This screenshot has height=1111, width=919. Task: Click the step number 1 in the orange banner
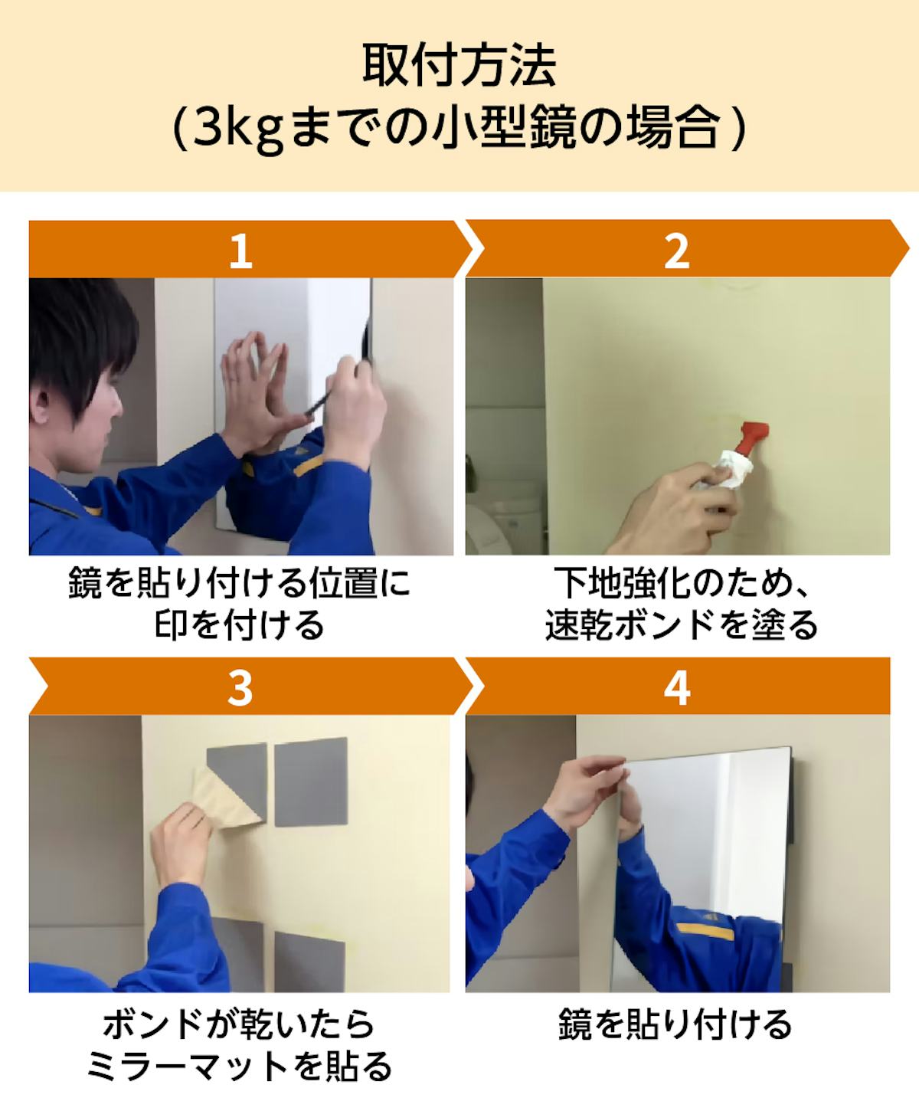click(241, 251)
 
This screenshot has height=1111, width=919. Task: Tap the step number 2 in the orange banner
click(677, 251)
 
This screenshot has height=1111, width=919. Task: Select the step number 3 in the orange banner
click(240, 689)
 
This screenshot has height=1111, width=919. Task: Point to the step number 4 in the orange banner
click(677, 689)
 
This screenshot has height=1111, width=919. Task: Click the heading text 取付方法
click(459, 66)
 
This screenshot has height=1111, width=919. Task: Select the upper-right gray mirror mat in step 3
click(311, 781)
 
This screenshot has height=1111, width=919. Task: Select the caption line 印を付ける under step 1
click(240, 624)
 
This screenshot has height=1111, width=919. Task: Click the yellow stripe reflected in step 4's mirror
click(705, 932)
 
